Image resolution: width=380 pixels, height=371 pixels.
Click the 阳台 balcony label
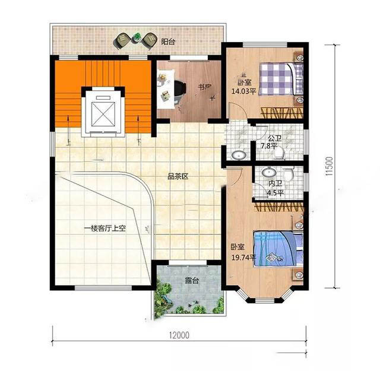tap(168, 42)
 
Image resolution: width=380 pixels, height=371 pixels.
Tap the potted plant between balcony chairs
tap(137, 37)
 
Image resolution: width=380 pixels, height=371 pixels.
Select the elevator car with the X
tap(103, 113)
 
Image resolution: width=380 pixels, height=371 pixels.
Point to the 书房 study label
tap(205, 87)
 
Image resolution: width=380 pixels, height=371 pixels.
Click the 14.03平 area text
tap(243, 91)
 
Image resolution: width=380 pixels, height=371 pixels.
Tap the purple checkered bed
tap(281, 79)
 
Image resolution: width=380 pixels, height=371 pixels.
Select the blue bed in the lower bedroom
tap(278, 249)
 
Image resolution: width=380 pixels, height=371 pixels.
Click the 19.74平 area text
tap(243, 258)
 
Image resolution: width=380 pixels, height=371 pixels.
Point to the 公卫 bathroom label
tap(275, 138)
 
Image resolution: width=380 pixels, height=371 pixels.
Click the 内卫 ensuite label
tap(275, 183)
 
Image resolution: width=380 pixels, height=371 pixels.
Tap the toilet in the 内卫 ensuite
tap(288, 174)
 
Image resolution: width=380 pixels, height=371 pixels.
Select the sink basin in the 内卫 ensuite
tap(269, 172)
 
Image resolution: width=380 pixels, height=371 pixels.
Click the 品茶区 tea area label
tap(178, 176)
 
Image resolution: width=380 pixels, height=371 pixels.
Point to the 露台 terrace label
tap(192, 281)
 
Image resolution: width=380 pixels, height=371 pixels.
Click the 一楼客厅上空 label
tap(104, 229)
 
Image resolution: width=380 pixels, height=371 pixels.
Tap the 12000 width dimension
tap(179, 335)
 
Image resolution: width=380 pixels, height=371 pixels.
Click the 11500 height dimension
tap(330, 166)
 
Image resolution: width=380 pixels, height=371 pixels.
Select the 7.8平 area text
tap(269, 147)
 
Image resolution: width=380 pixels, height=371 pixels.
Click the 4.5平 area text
tap(275, 193)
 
